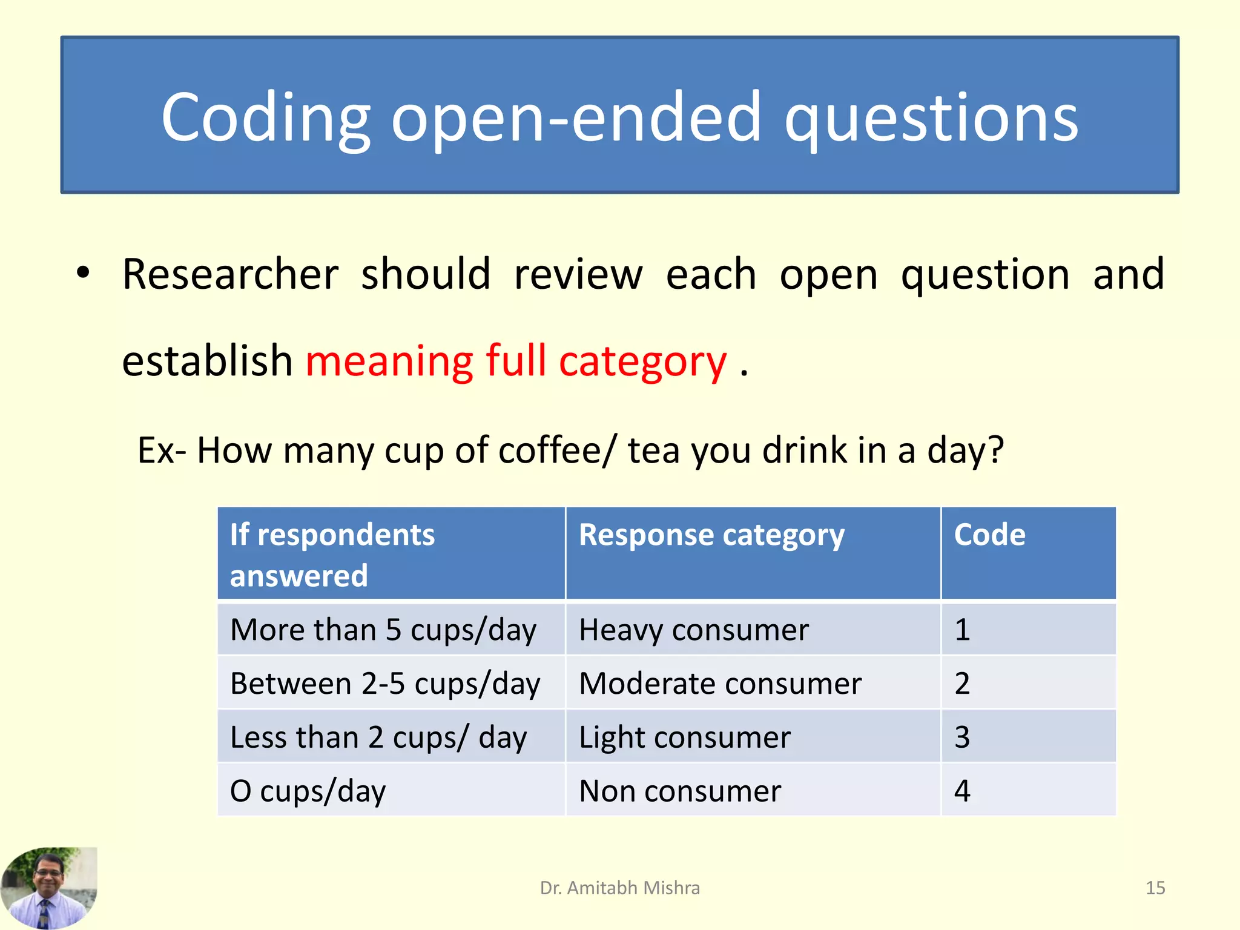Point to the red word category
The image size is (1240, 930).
pyautogui.click(x=642, y=361)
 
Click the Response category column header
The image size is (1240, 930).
pyautogui.click(x=711, y=535)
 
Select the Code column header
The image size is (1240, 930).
pyautogui.click(x=989, y=535)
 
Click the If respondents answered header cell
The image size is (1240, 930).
pyautogui.click(x=332, y=554)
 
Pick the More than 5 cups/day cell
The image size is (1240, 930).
pyautogui.click(x=383, y=630)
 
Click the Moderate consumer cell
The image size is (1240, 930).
pyautogui.click(x=720, y=684)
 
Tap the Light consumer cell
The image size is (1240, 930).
pyautogui.click(x=685, y=737)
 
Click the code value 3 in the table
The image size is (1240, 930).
pyautogui.click(x=962, y=737)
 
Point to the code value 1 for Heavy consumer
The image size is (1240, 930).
pyautogui.click(x=962, y=630)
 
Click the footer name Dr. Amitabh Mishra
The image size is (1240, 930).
pyautogui.click(x=619, y=888)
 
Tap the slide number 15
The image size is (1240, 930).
pyautogui.click(x=1155, y=888)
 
